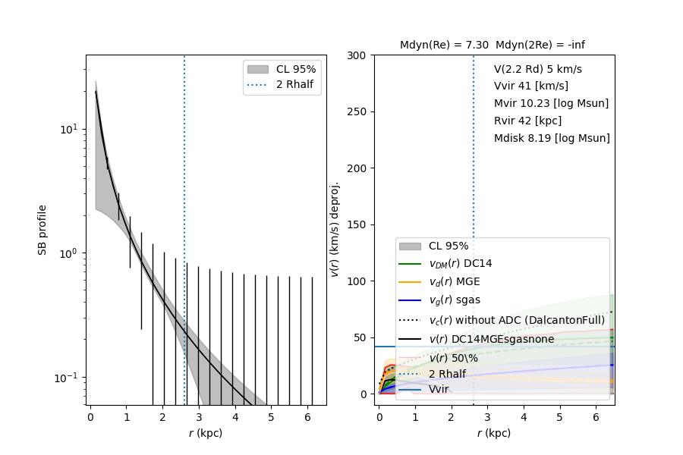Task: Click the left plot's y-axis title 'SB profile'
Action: (43, 229)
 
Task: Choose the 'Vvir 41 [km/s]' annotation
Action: (530, 86)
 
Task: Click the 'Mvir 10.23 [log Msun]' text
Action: (551, 103)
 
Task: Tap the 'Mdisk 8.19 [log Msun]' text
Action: (552, 138)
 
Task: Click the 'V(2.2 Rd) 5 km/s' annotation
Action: (537, 69)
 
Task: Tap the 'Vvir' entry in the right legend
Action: (439, 389)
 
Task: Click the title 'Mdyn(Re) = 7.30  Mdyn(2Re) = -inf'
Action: (492, 45)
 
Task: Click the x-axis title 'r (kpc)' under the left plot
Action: (206, 434)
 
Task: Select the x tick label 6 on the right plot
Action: (596, 416)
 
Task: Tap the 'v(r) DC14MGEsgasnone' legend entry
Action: (492, 339)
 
